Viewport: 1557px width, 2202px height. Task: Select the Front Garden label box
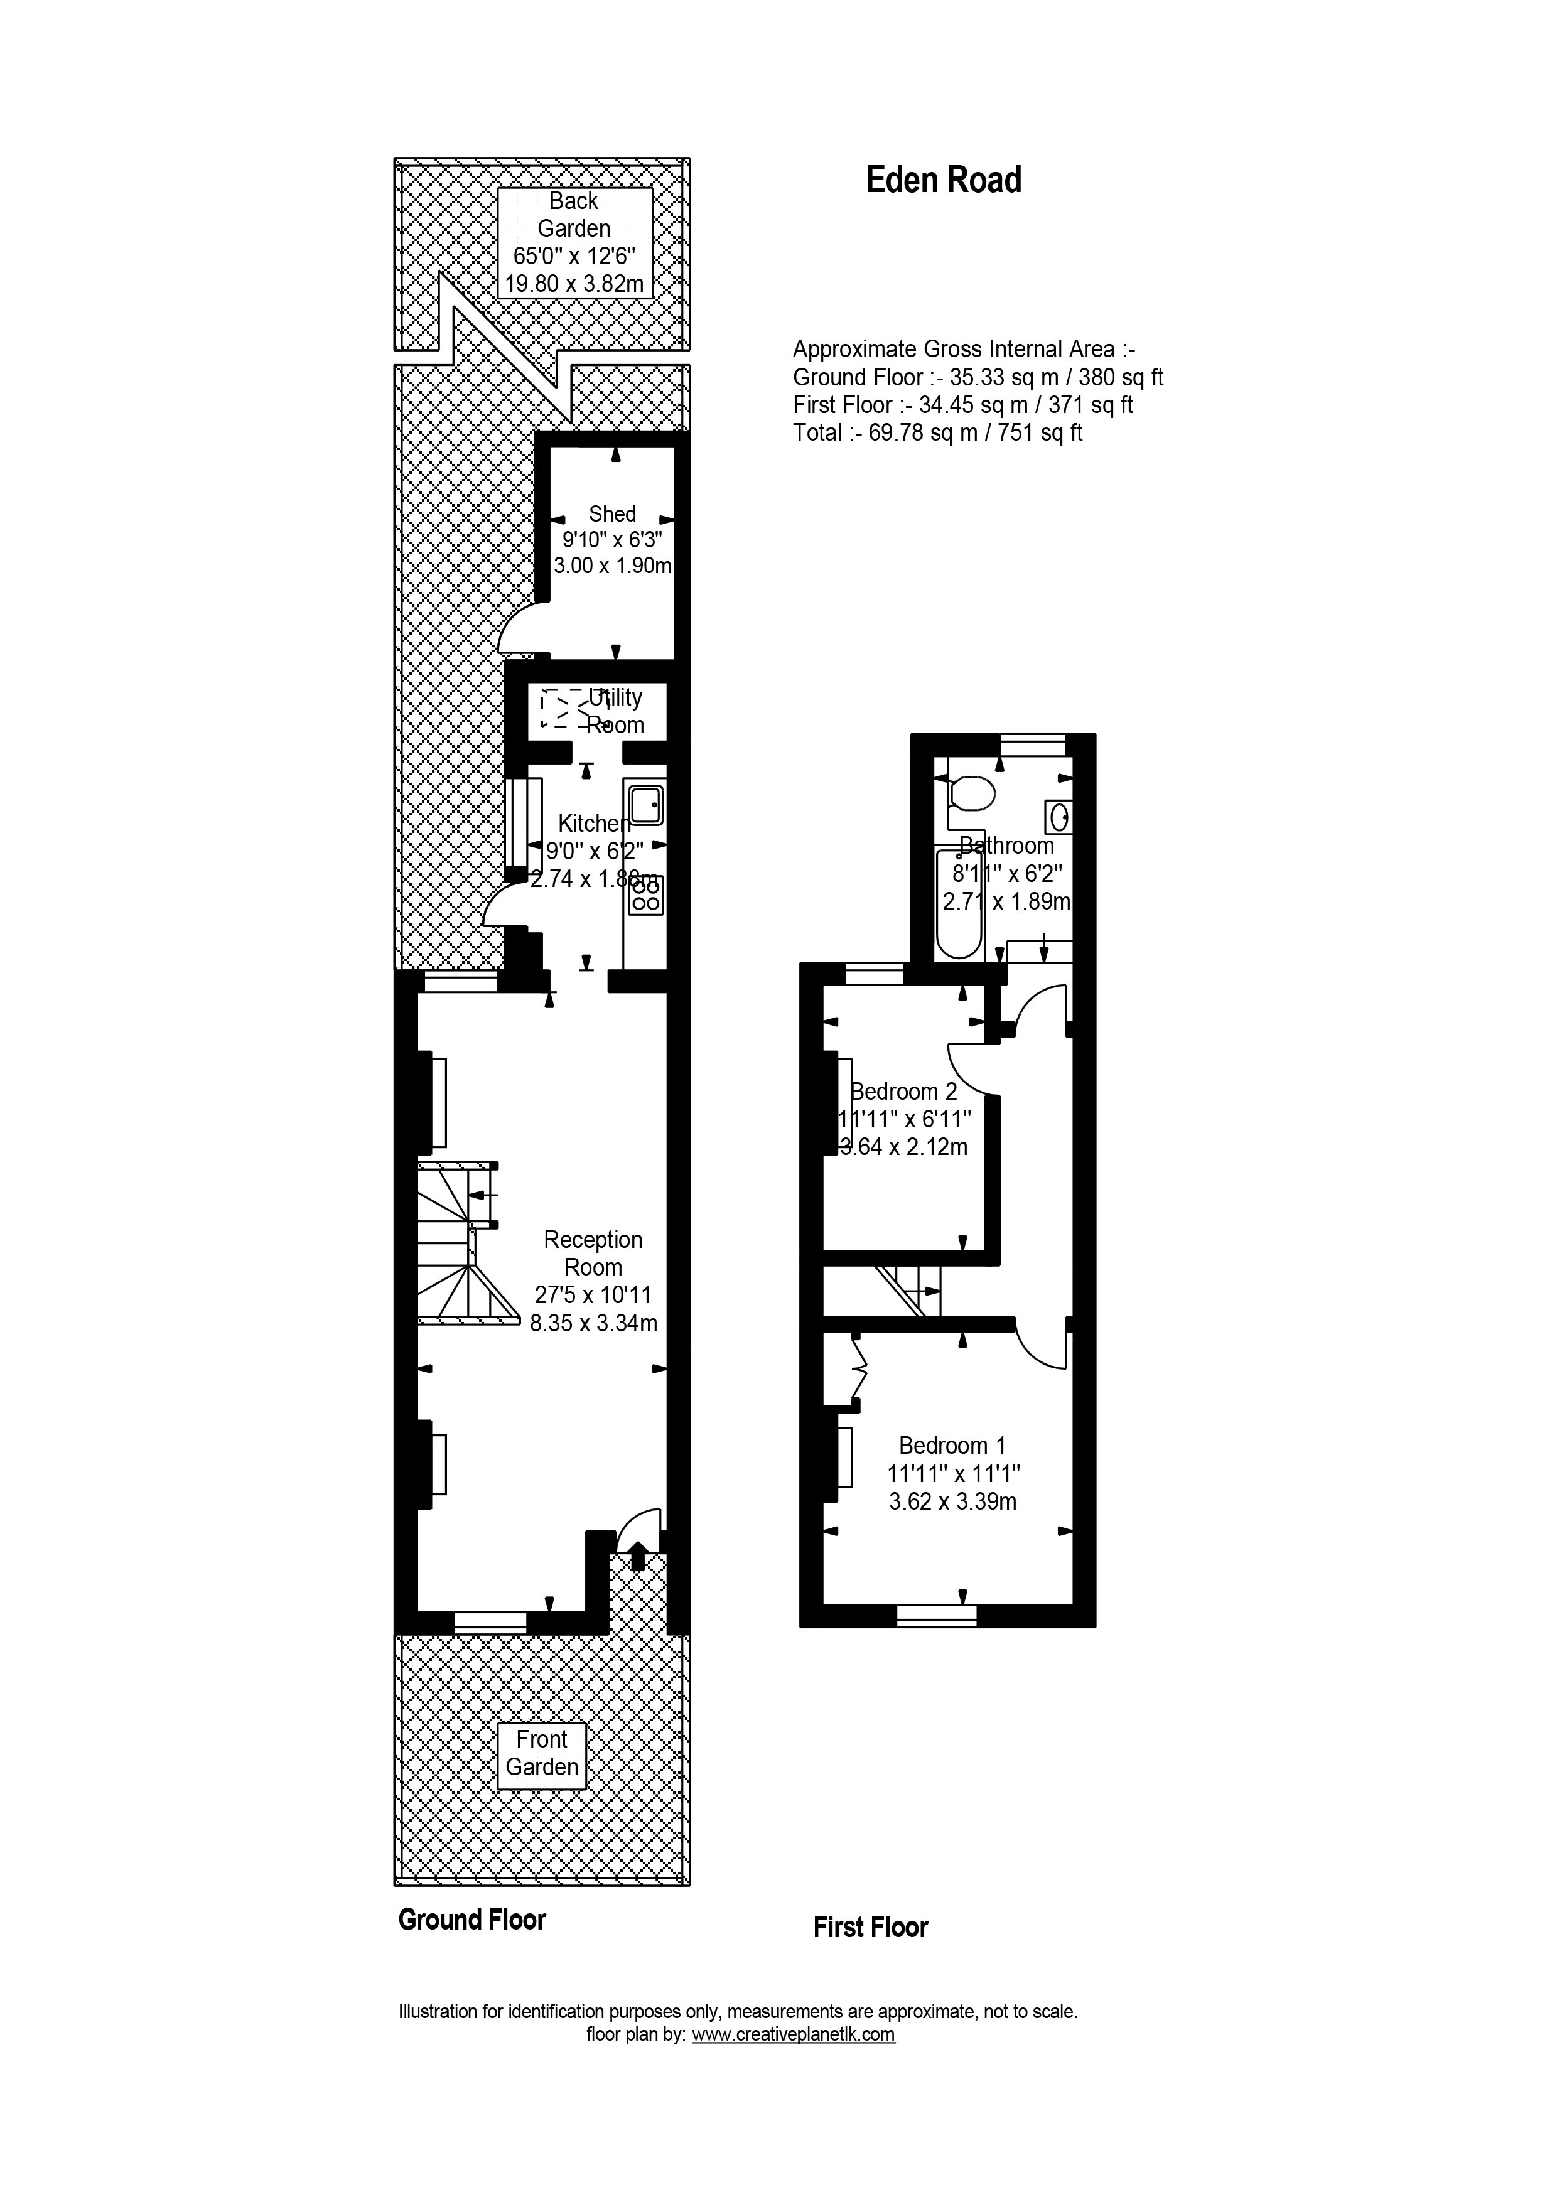point(542,1753)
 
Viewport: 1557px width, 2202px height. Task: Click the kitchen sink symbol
point(644,803)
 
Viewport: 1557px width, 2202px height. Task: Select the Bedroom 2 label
point(905,1092)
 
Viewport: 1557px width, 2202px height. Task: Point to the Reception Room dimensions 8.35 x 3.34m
point(594,1323)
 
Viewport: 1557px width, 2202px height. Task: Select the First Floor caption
point(870,1928)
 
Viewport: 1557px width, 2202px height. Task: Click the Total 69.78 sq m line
point(937,432)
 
